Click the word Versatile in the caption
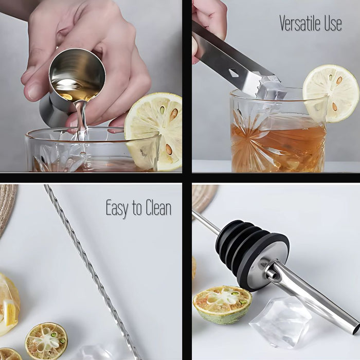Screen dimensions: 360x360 tap(301, 23)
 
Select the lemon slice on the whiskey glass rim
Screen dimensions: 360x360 tap(330, 93)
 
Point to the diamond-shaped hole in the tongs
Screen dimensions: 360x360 tap(234, 73)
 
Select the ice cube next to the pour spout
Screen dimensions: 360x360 tap(280, 321)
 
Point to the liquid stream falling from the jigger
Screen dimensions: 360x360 tap(81, 121)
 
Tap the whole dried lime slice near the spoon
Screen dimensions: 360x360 tap(46, 340)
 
